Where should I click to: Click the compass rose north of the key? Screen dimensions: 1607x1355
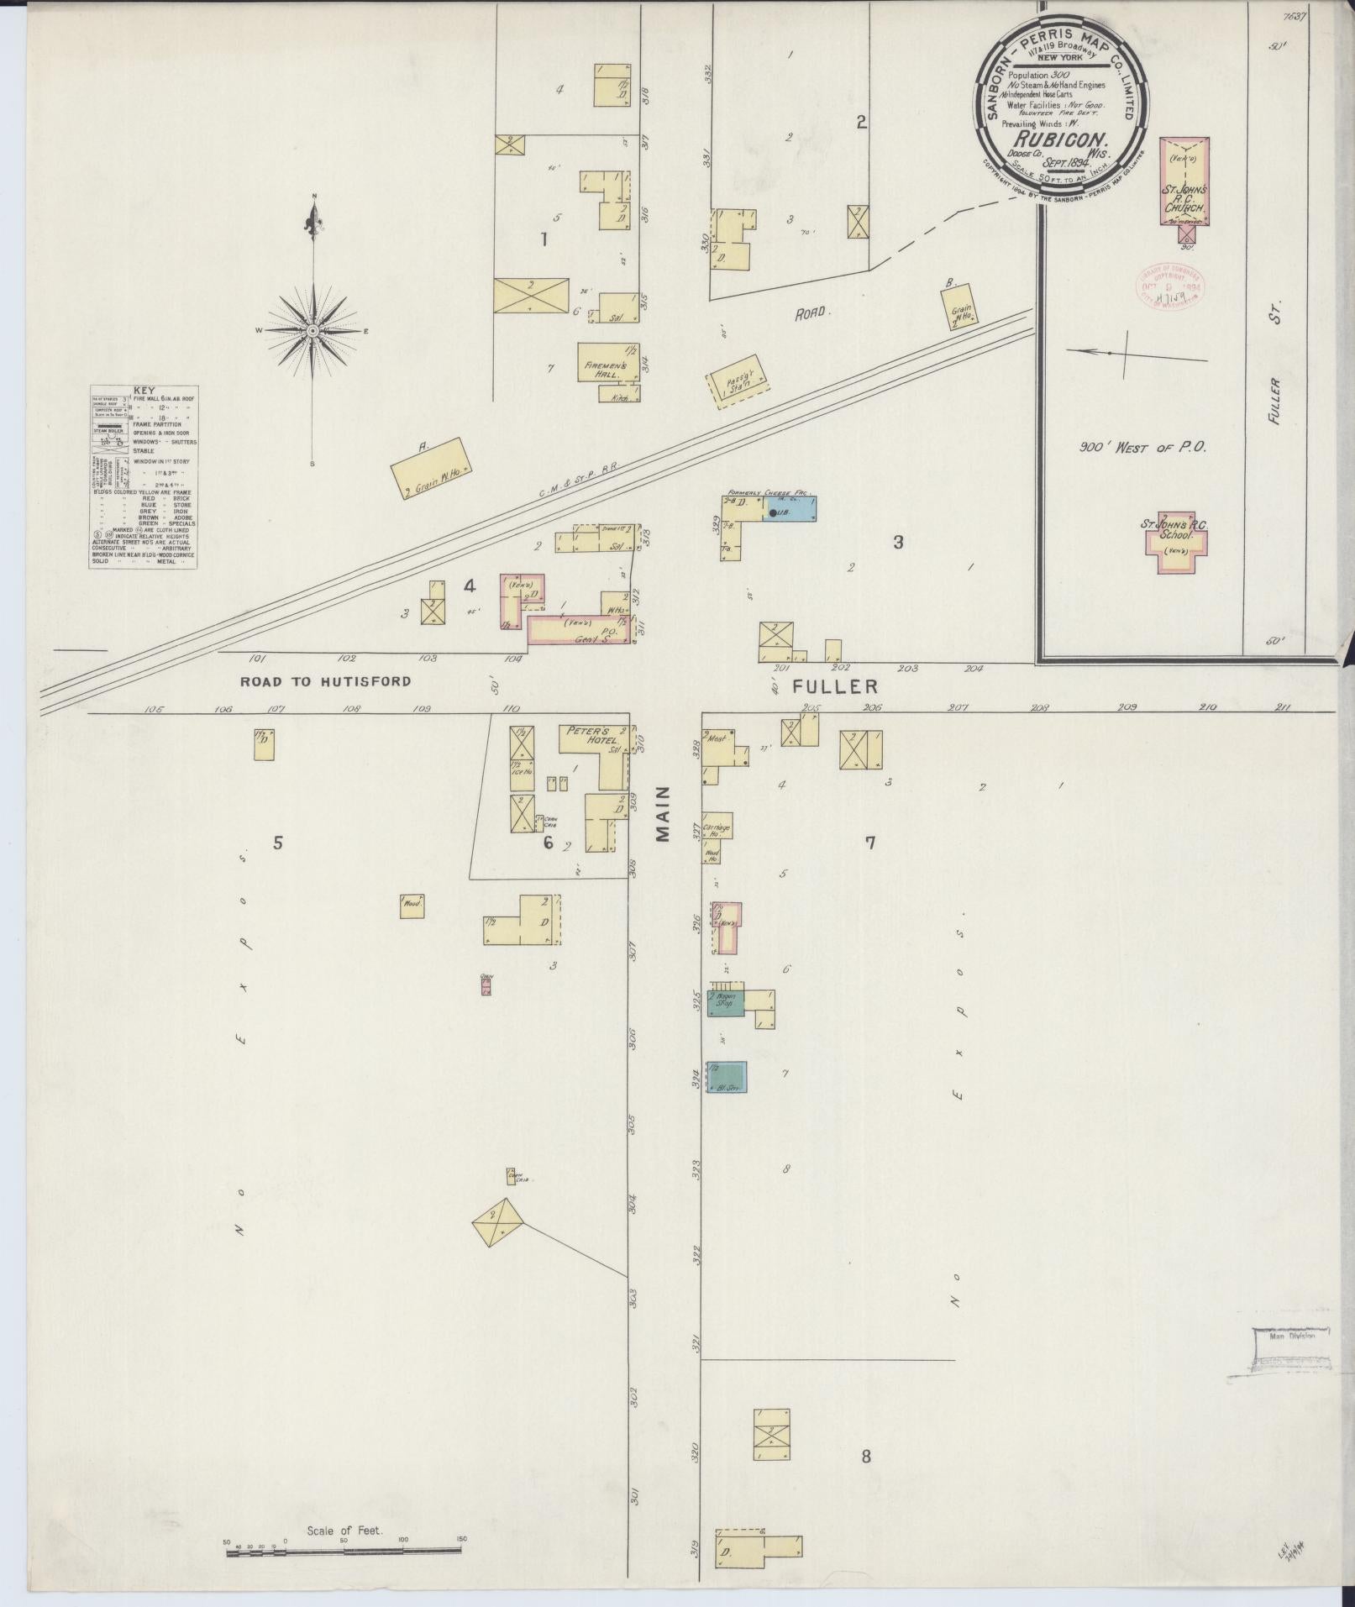pyautogui.click(x=312, y=330)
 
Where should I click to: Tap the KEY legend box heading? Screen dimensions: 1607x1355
pyautogui.click(x=144, y=391)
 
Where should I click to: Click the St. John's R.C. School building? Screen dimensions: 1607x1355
pyautogui.click(x=1173, y=542)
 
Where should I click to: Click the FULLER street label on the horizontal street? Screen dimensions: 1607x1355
pyautogui.click(x=834, y=687)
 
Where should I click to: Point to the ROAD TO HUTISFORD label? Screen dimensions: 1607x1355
pyautogui.click(x=326, y=681)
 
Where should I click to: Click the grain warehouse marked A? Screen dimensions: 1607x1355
pyautogui.click(x=430, y=470)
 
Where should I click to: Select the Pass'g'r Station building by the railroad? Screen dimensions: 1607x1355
pyautogui.click(x=738, y=386)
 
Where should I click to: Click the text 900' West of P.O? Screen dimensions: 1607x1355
pyautogui.click(x=1142, y=448)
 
